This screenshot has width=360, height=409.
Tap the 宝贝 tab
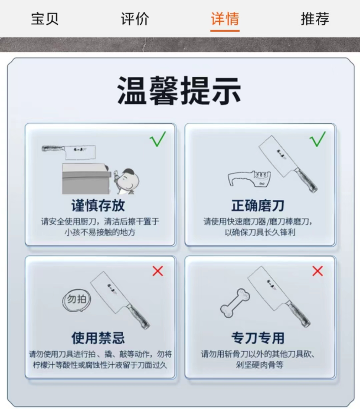coord(45,19)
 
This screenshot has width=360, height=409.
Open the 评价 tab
coord(134,19)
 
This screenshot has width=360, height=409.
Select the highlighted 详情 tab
coord(225,19)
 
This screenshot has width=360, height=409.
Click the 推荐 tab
coord(315,19)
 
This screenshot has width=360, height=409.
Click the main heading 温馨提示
coord(179,90)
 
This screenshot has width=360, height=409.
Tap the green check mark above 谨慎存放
coord(158,139)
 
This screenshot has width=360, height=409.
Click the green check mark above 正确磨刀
coord(317,139)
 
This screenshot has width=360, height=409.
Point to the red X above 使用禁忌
coord(157,271)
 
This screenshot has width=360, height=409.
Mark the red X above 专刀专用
coord(317,271)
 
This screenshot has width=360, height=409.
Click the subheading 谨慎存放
coord(98,205)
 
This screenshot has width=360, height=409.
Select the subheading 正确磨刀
coord(258,205)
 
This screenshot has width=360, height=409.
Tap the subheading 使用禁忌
coord(98,338)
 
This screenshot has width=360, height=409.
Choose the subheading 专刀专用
coord(258,338)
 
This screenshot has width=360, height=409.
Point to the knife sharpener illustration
coord(249,178)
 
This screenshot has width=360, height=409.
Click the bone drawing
coord(235,303)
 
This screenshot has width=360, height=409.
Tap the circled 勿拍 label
coord(77,300)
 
